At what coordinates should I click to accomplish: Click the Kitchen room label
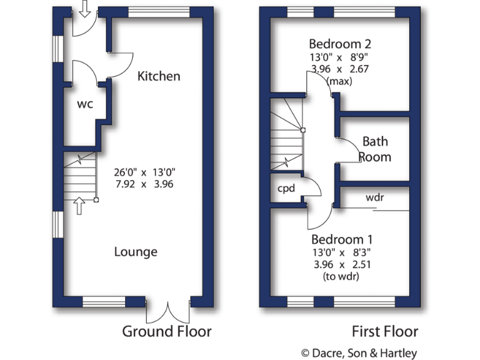tap(159, 76)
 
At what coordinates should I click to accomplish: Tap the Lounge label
tap(136, 252)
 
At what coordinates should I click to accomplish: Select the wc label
tap(85, 104)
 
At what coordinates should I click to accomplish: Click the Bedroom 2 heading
tap(340, 44)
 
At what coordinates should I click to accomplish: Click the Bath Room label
tap(375, 149)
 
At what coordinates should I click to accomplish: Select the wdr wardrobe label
tap(374, 197)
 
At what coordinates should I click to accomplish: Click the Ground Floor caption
tap(166, 331)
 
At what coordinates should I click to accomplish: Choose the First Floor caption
tap(385, 331)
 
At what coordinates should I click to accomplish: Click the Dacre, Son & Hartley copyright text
tap(359, 353)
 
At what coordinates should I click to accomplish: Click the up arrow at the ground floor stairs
tap(79, 206)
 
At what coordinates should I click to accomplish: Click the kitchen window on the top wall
tap(159, 11)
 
